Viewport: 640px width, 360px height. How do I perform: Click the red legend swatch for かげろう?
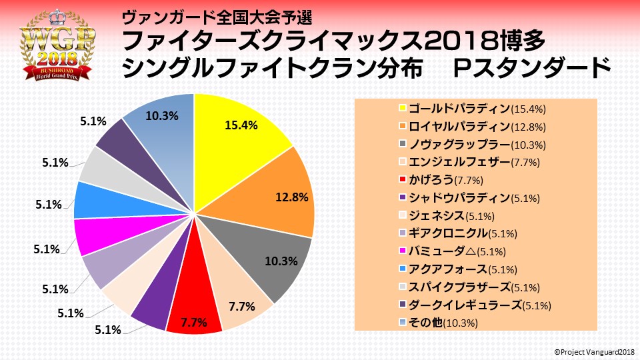403,180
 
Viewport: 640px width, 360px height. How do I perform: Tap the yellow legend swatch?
403,108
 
